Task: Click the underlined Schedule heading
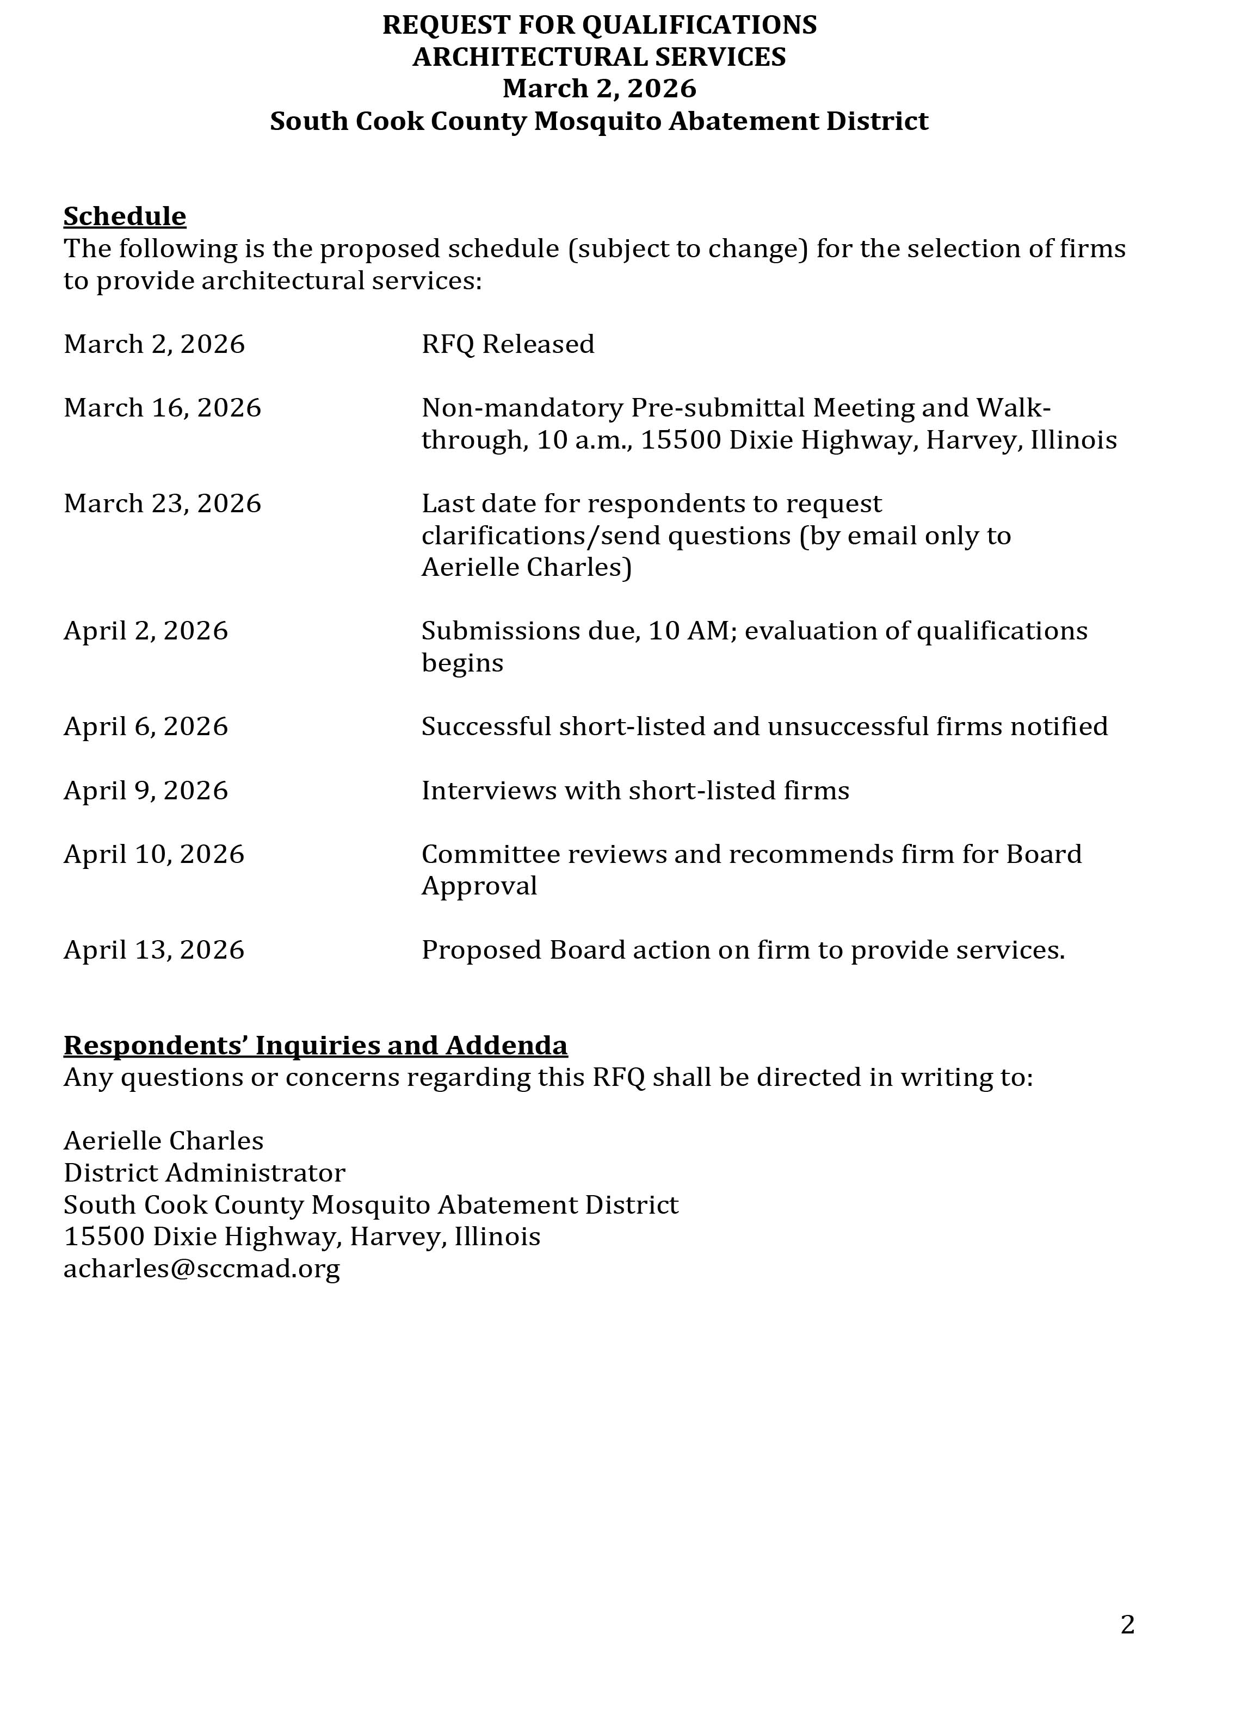point(125,217)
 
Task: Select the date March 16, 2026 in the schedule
point(163,408)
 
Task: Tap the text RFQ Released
point(508,345)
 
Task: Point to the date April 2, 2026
point(146,631)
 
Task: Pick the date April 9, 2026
point(146,791)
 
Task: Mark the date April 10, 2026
point(154,854)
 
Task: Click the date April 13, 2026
point(154,950)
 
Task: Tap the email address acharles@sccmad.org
point(202,1269)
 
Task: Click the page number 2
point(1127,1625)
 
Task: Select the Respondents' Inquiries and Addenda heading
point(315,1046)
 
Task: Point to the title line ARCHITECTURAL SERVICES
point(599,57)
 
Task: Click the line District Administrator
point(204,1173)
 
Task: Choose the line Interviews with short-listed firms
point(635,791)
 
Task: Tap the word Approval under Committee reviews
point(479,886)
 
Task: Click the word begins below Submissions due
point(462,663)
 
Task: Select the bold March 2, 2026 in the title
point(599,89)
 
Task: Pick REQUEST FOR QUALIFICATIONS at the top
point(599,25)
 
